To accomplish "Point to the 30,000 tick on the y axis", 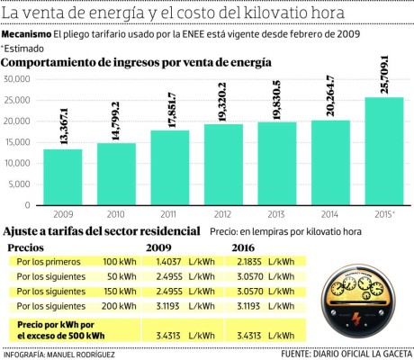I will pos(18,78).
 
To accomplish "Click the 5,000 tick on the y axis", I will pos(20,184).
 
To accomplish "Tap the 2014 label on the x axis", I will pos(330,215).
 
